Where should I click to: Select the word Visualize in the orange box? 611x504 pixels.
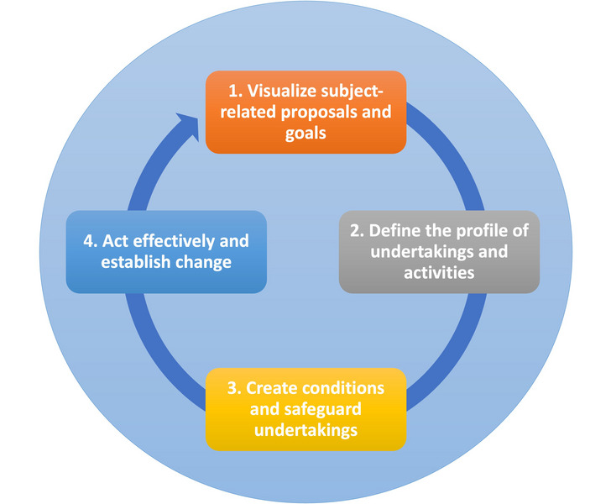coord(282,91)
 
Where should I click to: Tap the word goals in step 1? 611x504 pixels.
coord(305,134)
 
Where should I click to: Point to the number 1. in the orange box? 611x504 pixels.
coord(235,91)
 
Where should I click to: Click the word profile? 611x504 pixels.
coord(482,231)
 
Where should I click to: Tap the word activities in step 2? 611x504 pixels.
coord(439,273)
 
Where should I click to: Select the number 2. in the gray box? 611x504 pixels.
coord(357,230)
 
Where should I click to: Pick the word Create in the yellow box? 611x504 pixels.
coord(272,388)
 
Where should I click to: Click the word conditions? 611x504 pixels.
coord(343,388)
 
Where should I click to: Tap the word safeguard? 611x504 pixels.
coord(322,410)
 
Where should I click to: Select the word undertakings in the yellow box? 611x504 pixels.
coord(305,431)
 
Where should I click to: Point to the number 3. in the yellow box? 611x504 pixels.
coord(235,388)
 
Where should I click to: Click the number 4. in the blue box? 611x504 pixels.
coord(91,241)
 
